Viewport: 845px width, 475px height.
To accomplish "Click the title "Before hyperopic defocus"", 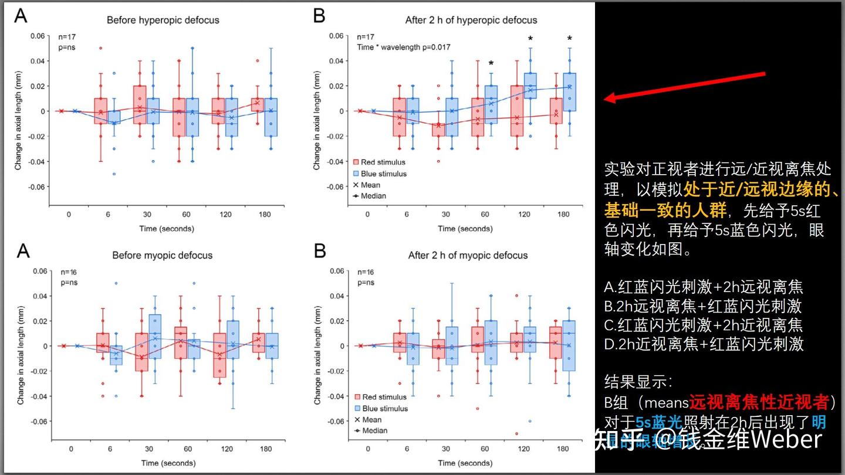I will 163,20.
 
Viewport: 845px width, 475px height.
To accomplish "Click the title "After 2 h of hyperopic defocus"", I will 471,20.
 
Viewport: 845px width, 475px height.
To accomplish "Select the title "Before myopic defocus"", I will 163,255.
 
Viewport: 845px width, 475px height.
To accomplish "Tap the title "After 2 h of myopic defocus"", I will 468,255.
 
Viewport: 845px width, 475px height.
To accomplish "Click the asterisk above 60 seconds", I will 491,64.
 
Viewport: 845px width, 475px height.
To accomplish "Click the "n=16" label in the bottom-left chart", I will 68,272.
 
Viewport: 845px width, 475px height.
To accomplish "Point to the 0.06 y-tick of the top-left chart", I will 38,36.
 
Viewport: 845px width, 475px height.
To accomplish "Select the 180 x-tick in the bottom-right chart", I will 563,449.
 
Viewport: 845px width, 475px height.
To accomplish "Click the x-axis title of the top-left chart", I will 166,228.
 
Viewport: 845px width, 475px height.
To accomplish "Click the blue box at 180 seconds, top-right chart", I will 569,91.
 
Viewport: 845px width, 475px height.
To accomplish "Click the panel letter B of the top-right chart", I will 319,16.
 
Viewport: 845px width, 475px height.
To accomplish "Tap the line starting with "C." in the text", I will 704,324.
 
